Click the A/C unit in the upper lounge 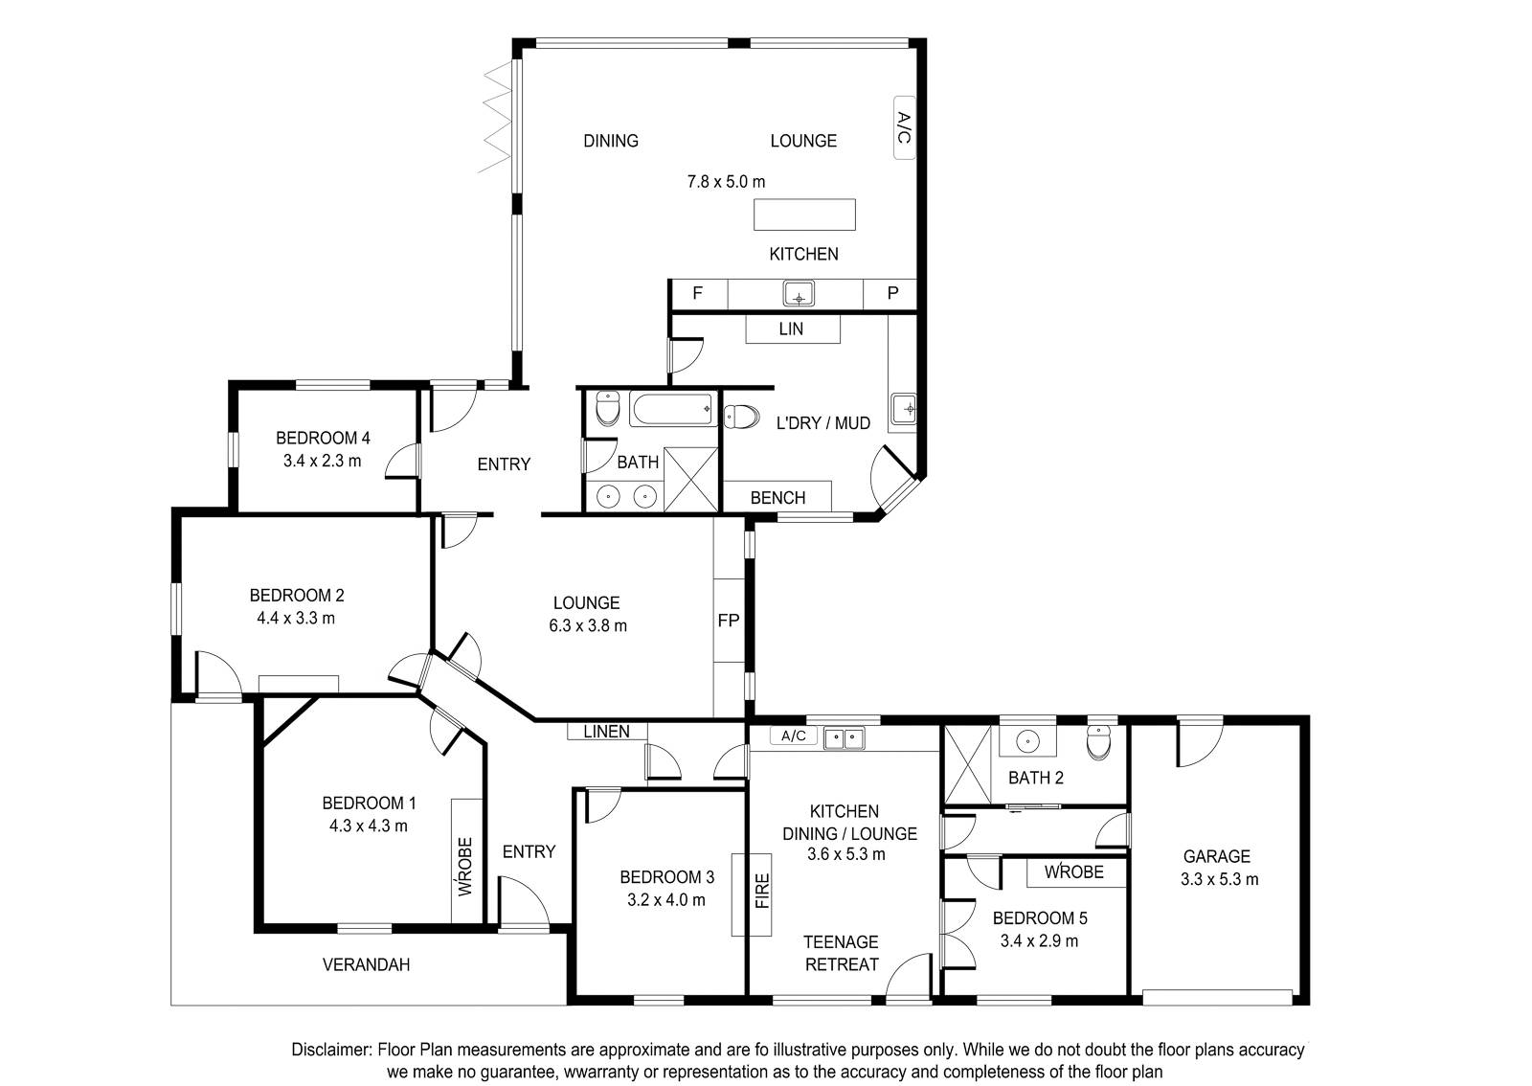pos(904,128)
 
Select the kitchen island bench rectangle pos(804,215)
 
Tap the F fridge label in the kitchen pos(698,293)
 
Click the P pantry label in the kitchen pos(892,293)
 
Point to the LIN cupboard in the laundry pos(792,328)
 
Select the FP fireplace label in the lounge pos(729,621)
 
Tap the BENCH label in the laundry pos(777,498)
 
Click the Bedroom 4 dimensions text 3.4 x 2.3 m pos(322,461)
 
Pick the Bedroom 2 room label pos(296,596)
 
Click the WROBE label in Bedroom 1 pos(465,867)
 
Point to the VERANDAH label pos(366,965)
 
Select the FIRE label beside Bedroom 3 pos(762,891)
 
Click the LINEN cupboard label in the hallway pos(607,732)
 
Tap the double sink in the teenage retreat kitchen pos(844,738)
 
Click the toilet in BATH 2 pos(1099,743)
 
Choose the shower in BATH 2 pos(967,764)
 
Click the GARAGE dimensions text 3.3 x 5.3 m pos(1220,879)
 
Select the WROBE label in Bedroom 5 pos(1073,871)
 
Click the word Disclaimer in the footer pos(331,1050)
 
